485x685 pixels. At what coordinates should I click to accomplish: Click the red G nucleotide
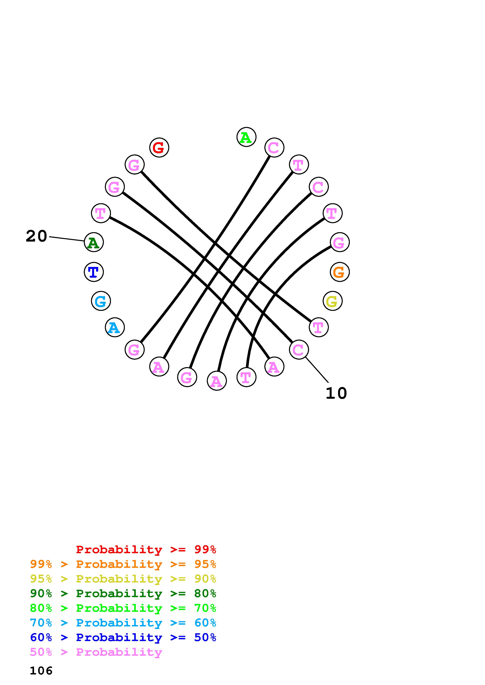(159, 147)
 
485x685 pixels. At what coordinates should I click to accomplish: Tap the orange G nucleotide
(339, 272)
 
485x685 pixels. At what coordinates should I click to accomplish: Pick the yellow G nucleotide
(332, 301)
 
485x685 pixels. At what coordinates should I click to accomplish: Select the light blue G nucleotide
(101, 301)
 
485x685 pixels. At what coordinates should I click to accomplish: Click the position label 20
(36, 236)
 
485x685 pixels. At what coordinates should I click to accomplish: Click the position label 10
(336, 393)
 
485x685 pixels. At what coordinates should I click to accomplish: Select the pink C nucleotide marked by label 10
(299, 350)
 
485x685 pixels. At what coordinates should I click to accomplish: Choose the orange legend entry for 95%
(123, 564)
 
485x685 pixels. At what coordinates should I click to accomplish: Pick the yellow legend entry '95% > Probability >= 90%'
(123, 579)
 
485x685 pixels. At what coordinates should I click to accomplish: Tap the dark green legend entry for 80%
(123, 593)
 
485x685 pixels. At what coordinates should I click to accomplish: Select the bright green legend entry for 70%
(123, 608)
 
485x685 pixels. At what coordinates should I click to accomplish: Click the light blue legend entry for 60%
(123, 623)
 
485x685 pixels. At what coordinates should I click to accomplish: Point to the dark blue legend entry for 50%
(123, 637)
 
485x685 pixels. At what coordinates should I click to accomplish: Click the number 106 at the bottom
(41, 671)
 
